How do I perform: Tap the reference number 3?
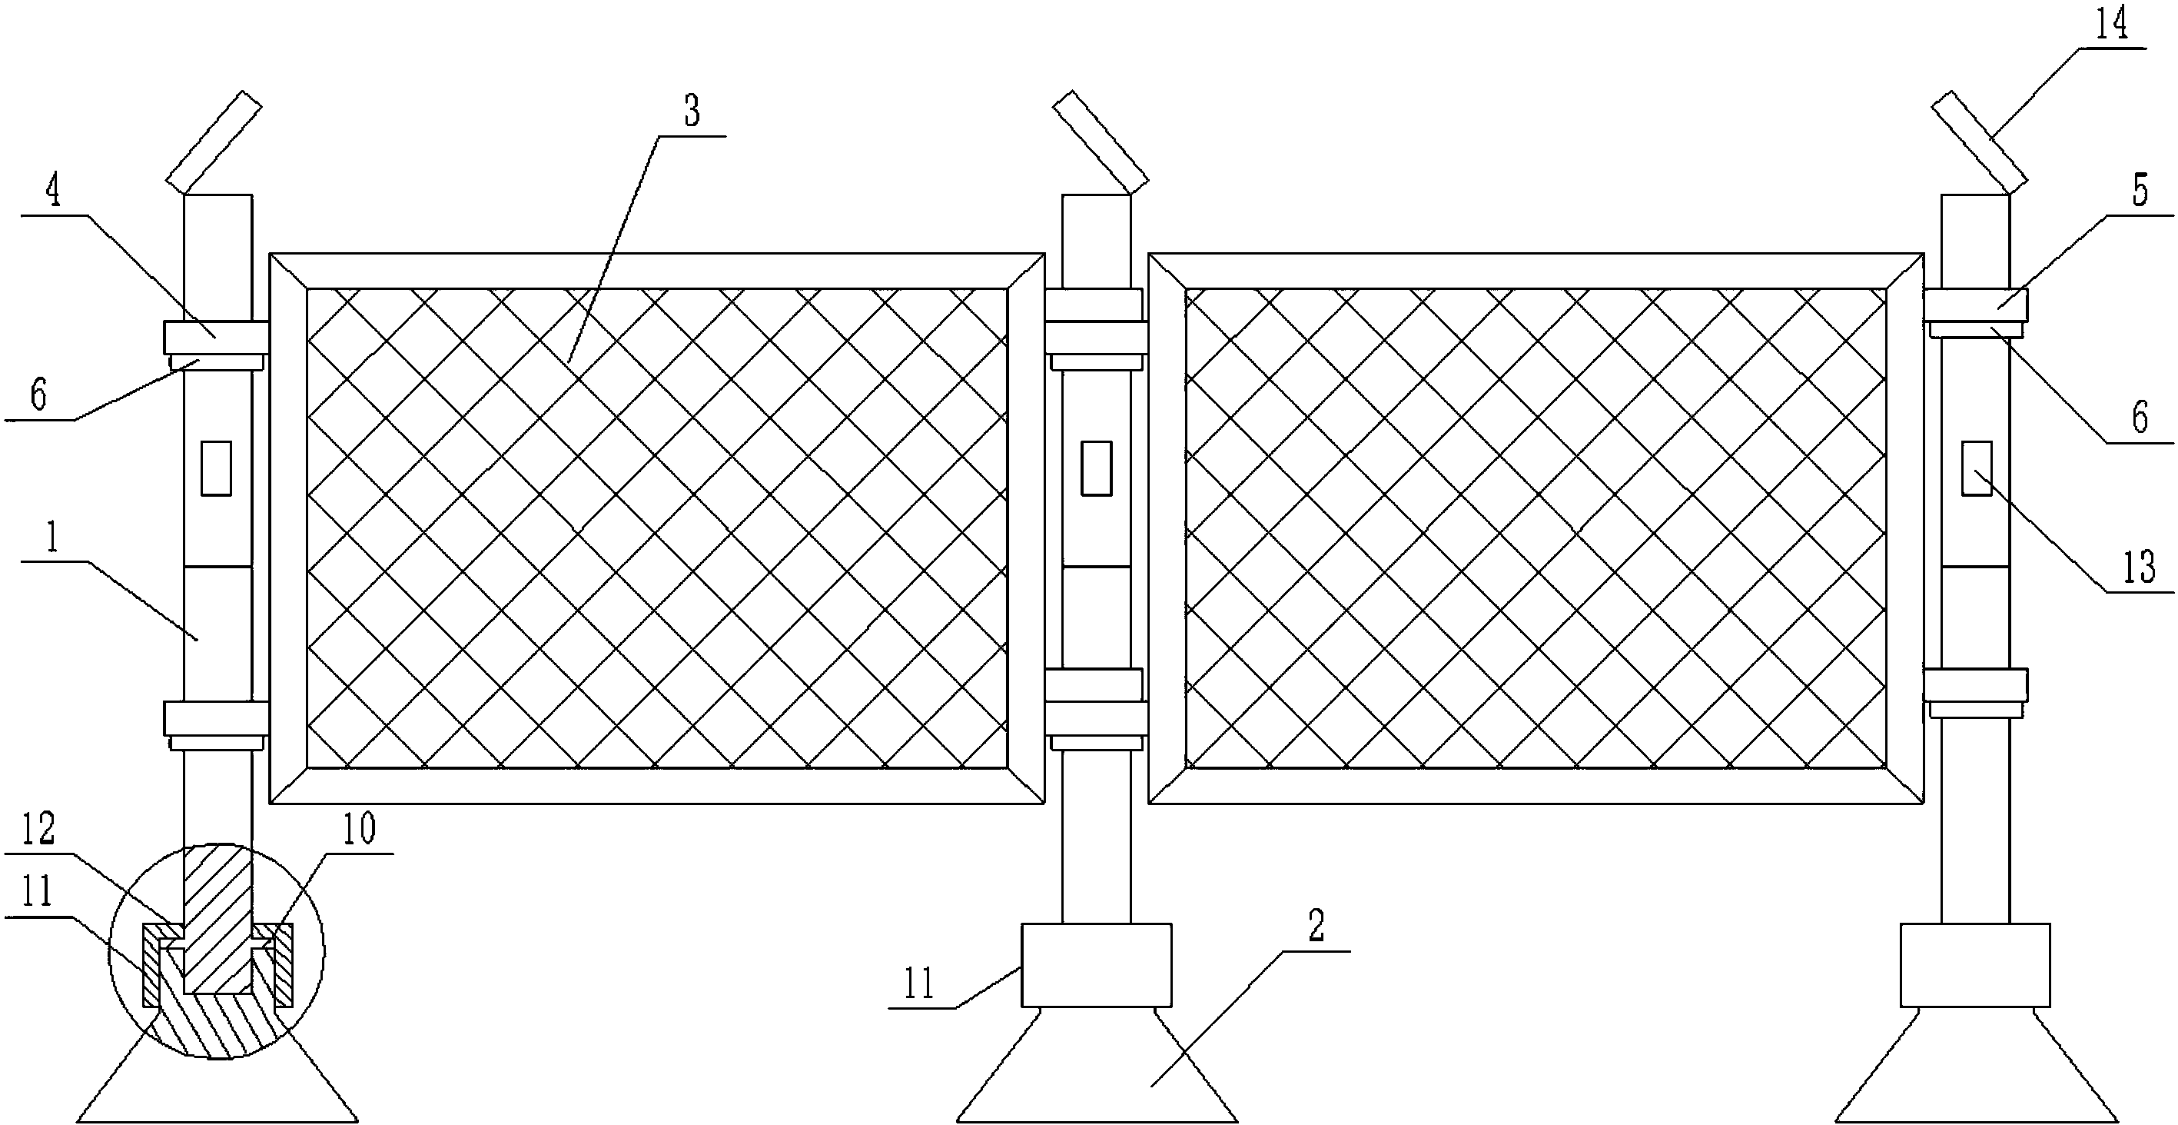pos(692,111)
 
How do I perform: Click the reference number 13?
pos(2140,567)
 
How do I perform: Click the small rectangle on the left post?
pos(216,468)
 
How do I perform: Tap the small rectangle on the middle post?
pos(1097,468)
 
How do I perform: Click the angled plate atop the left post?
pos(214,141)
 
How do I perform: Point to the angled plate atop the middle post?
pos(1101,141)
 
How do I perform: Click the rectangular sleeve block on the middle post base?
pos(1097,965)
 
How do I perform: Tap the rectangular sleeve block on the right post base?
pos(1975,965)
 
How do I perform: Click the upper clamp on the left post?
pos(217,338)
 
